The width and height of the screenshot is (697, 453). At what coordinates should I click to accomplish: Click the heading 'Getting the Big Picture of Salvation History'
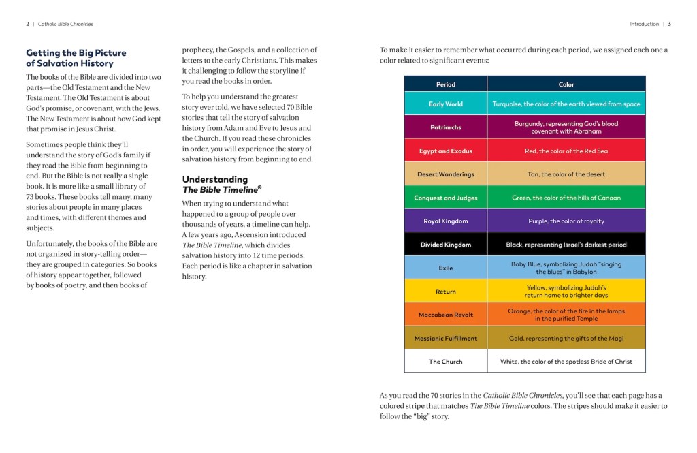[x=76, y=58]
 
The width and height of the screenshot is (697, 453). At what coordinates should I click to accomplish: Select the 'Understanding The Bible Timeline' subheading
[x=221, y=185]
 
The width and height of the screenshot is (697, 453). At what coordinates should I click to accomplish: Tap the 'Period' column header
[x=446, y=84]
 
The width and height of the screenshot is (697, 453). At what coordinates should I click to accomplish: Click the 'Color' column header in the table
[x=566, y=84]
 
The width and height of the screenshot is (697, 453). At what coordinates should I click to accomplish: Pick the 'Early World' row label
[x=446, y=104]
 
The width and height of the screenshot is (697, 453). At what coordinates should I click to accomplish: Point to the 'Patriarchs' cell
[x=446, y=127]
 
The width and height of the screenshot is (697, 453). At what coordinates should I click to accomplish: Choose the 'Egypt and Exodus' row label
[x=446, y=151]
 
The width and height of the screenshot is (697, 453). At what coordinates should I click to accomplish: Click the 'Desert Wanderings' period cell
[x=446, y=174]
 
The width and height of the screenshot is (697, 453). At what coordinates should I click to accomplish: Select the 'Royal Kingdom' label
[x=446, y=221]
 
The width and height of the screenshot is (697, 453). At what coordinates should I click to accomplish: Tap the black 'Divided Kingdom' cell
[x=446, y=245]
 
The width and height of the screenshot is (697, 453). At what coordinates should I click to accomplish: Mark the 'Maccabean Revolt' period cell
[x=446, y=315]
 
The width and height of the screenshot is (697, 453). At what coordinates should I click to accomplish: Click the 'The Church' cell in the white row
[x=446, y=362]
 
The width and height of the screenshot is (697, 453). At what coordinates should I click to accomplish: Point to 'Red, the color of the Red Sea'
[x=566, y=151]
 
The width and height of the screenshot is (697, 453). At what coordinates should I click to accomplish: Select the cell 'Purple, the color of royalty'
[x=566, y=221]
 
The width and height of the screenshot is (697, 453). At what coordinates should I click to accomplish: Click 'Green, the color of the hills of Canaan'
[x=566, y=198]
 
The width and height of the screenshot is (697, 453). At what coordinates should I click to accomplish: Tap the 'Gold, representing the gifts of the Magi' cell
[x=566, y=339]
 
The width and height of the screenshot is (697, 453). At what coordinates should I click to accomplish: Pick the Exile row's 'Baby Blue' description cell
[x=566, y=268]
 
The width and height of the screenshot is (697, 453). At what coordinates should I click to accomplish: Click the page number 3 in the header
[x=670, y=24]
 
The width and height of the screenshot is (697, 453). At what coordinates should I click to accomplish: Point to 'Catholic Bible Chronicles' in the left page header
[x=65, y=24]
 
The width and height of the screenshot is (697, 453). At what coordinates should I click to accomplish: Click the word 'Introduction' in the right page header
[x=644, y=24]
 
